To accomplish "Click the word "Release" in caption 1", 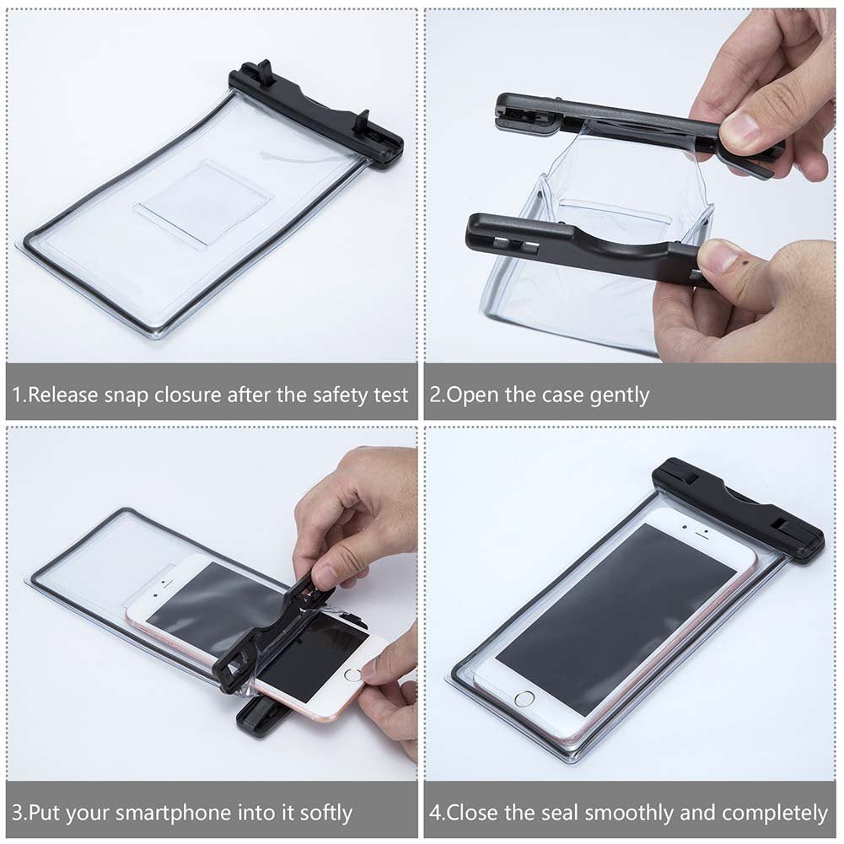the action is click(62, 395).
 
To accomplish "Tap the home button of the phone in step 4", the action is click(524, 699).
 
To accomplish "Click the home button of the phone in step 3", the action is click(353, 674).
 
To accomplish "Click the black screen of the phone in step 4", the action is click(616, 619).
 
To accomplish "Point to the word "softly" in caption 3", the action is click(326, 813).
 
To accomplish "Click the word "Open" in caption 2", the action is click(472, 395).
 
